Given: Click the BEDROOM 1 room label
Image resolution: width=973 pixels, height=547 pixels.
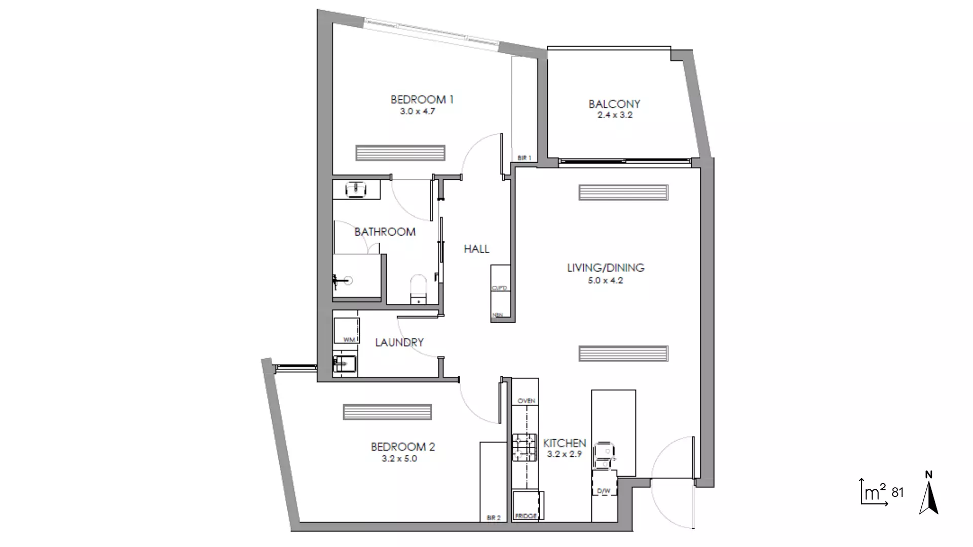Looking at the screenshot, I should point(422,99).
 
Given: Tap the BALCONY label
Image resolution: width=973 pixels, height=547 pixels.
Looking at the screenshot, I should point(614,104).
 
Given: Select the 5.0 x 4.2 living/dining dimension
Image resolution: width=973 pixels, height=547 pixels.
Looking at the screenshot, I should point(605,280).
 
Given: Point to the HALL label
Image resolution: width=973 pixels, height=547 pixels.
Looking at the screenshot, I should point(476,249).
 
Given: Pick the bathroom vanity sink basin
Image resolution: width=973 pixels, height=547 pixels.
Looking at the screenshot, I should point(356,189).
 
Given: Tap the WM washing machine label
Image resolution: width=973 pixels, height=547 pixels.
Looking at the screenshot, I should point(349,339).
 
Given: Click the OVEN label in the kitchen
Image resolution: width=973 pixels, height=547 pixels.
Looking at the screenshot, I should point(526,401).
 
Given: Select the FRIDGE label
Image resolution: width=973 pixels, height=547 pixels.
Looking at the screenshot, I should point(526,516).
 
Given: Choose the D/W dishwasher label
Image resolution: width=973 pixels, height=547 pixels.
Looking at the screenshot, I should point(604,491).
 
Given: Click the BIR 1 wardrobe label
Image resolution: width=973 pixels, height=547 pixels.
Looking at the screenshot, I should point(525,158).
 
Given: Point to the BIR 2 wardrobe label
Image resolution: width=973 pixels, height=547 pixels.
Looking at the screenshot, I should point(493,518).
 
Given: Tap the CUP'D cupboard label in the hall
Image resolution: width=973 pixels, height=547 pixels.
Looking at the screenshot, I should point(499,288).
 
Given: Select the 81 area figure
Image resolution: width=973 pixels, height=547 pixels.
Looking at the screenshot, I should point(897,492).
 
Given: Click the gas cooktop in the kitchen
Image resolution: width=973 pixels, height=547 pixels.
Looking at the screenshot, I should point(524,447).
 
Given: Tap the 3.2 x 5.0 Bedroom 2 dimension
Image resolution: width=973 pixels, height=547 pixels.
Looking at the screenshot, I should point(399,459).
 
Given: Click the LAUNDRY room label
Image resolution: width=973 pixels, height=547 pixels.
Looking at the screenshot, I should point(399,342).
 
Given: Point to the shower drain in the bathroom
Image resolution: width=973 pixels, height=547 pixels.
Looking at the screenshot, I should point(348,280).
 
